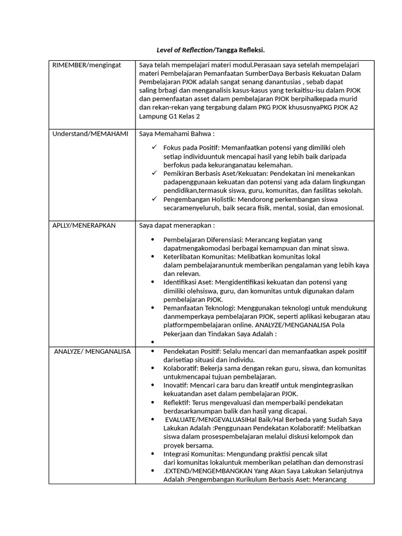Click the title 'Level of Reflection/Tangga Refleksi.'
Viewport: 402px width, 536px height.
(x=211, y=50)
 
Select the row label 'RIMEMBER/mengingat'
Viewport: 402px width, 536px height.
(x=86, y=65)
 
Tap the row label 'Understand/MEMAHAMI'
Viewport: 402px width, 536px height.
(x=90, y=135)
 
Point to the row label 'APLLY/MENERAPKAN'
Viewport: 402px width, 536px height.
(x=84, y=226)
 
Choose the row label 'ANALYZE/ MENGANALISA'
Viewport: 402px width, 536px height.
(x=93, y=351)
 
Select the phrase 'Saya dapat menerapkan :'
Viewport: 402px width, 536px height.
(x=177, y=226)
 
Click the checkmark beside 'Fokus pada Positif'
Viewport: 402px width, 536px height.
(x=153, y=148)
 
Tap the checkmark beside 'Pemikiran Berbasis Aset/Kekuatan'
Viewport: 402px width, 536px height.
(x=153, y=173)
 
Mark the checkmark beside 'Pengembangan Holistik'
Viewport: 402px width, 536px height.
(x=153, y=199)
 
